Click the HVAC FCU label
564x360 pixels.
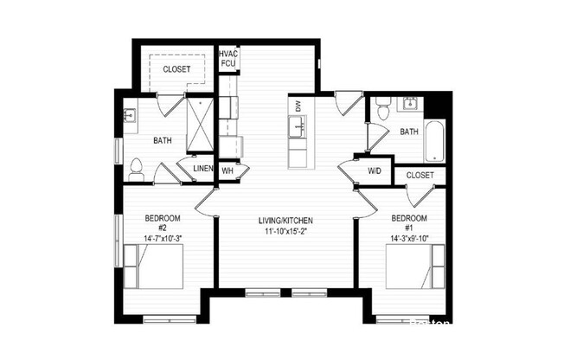(x=228, y=58)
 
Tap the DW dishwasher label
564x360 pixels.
(x=298, y=106)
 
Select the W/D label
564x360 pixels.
(x=374, y=170)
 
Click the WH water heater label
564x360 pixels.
(x=228, y=170)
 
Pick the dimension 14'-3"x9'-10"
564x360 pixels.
(x=409, y=237)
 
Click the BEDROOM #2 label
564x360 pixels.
(x=162, y=222)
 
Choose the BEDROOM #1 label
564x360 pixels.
(x=409, y=222)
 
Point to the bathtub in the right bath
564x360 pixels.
(x=433, y=140)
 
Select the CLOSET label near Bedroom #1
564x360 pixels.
(x=420, y=175)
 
